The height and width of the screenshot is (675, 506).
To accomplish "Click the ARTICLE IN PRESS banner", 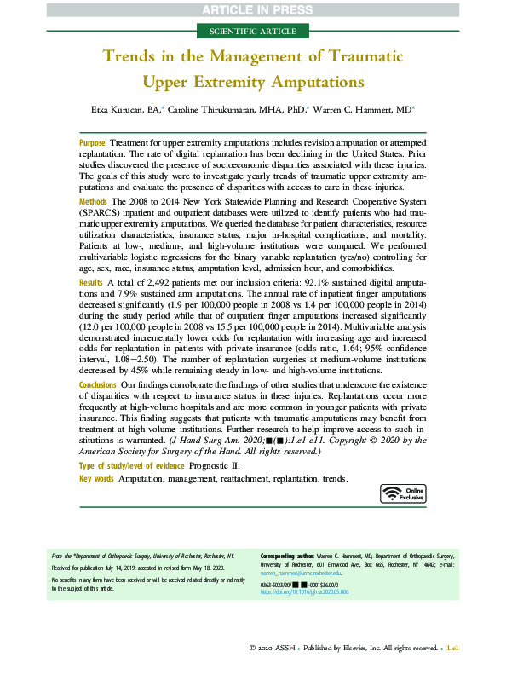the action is [253, 9].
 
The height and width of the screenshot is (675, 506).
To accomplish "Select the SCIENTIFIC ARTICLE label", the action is [253, 31].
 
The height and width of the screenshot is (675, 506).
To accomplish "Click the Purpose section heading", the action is [92, 142].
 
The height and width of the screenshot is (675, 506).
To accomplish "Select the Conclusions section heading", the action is [98, 385].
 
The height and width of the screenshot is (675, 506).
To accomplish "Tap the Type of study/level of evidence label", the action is [135, 466].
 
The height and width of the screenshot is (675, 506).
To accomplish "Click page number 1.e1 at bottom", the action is [451, 648].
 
